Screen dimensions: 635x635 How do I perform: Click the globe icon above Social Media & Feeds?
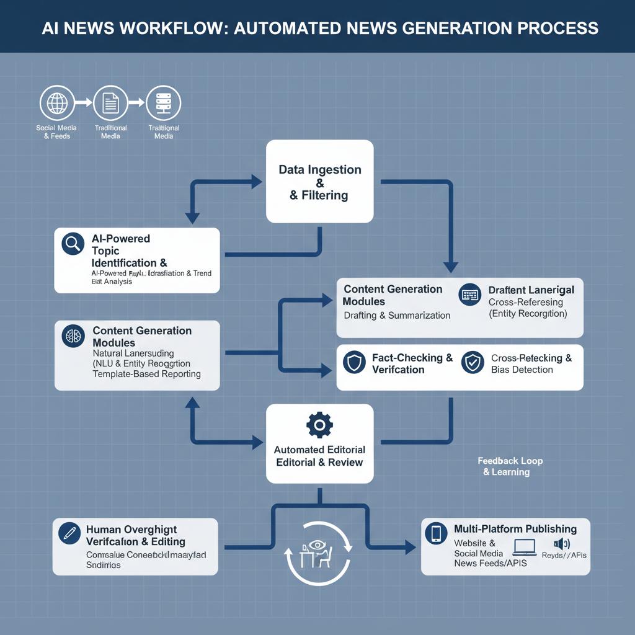pos(56,103)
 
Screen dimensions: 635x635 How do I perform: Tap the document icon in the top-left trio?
pos(110,103)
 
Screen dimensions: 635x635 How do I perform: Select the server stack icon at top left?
pos(163,103)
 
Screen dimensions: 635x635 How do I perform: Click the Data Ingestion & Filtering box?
pos(319,182)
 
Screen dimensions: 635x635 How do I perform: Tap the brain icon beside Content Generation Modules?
pos(73,336)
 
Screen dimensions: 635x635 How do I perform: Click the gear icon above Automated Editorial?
pos(319,425)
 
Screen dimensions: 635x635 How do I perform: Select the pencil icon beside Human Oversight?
pos(69,533)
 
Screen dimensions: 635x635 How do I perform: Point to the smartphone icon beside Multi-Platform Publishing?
pos(437,533)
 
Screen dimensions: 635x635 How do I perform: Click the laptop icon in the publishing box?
pos(524,547)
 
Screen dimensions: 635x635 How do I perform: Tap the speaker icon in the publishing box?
pos(561,544)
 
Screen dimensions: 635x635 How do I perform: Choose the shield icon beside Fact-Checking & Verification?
pos(354,363)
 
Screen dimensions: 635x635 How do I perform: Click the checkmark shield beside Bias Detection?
pos(473,363)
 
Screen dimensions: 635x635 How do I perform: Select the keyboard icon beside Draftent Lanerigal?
pos(470,295)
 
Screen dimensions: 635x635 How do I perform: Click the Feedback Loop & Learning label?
pos(510,466)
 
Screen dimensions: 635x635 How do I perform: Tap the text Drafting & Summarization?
pos(397,315)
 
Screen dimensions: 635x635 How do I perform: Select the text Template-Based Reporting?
pos(146,374)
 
